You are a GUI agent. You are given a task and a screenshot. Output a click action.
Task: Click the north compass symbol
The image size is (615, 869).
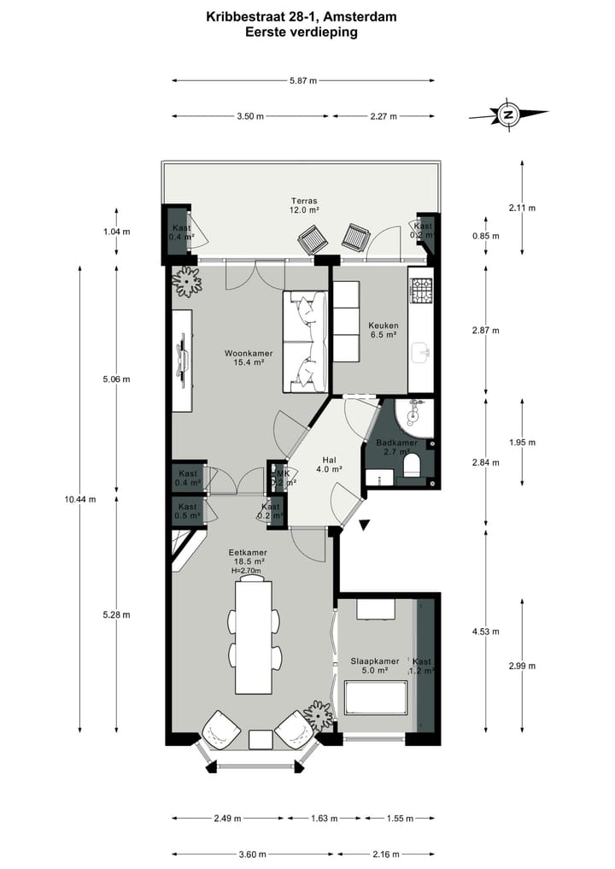[x=508, y=114]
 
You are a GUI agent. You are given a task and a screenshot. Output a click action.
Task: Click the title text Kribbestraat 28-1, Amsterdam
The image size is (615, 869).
[x=301, y=16]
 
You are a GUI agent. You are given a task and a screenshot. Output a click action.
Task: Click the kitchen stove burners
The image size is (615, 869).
[x=421, y=291]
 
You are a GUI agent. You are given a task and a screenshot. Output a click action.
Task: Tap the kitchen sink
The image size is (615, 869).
[x=420, y=350]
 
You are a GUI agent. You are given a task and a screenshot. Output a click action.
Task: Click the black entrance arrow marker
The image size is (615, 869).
[x=366, y=525]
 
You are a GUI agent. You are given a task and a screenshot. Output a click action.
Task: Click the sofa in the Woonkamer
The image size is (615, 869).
[x=306, y=342]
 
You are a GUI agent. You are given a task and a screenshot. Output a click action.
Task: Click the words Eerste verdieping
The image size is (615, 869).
[x=301, y=32]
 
